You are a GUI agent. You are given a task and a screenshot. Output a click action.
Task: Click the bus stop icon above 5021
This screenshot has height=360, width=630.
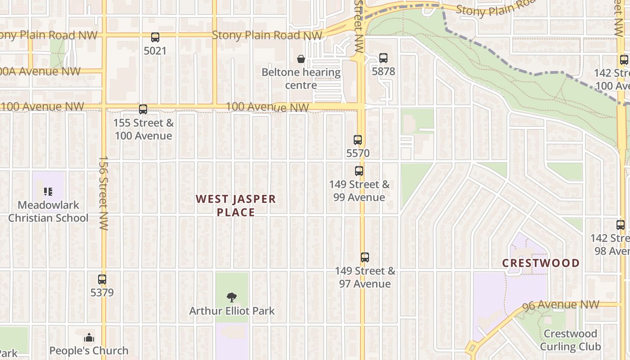155,37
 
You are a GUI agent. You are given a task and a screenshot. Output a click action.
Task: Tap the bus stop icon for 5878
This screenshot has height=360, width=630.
383,58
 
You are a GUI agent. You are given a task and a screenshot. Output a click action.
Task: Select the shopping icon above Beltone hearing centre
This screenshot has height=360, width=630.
301,59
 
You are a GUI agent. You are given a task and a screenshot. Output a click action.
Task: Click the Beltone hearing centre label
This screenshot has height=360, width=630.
301,79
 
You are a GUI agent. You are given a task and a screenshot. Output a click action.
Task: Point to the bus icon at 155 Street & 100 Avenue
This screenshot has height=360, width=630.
143,109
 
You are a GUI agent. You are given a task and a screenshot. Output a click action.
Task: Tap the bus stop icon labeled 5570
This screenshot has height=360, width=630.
358,140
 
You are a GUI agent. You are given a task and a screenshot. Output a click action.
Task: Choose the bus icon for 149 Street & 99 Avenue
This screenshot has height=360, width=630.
359,171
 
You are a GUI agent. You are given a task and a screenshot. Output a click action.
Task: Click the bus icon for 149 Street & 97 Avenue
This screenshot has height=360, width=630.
365,257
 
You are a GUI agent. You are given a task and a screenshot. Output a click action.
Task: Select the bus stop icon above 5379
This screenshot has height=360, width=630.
102,279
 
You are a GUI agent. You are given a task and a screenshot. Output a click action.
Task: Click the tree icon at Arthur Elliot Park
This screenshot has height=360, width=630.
232,297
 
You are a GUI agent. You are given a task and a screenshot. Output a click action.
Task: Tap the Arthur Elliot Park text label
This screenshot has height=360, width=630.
232,311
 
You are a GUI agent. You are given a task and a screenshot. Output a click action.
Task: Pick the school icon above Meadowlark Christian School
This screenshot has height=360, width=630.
48,192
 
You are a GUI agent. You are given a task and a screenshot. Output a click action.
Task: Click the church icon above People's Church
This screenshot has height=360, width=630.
89,337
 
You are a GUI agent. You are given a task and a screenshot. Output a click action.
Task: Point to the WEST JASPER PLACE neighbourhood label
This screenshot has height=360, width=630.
236,206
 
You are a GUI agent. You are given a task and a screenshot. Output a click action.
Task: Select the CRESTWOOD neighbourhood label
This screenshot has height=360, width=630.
541,263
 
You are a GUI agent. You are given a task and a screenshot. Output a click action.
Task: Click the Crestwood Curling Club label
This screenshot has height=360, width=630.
570,340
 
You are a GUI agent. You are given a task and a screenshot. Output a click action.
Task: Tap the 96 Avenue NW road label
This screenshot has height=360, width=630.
561,306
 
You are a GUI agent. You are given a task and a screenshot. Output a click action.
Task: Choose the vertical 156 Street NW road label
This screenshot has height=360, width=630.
103,193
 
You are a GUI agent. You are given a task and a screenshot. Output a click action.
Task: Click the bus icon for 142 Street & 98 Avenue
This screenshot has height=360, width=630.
621,225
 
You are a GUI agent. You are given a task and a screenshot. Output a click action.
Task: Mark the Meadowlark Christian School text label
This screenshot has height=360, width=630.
48,212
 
